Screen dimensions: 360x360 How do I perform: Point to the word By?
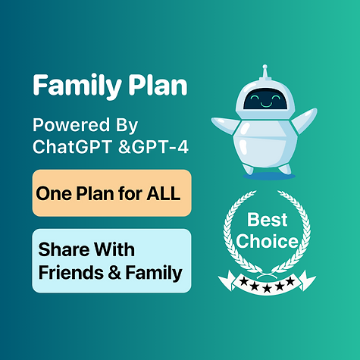130,125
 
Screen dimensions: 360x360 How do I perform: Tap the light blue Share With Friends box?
111,260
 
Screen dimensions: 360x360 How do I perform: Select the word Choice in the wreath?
266,243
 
